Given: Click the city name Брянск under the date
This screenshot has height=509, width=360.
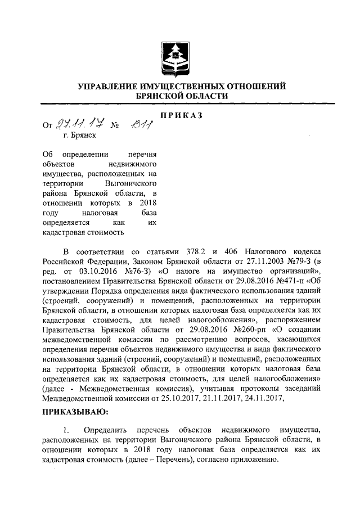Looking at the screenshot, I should point(85,135).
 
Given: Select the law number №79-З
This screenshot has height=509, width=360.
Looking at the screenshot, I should point(300,261).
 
